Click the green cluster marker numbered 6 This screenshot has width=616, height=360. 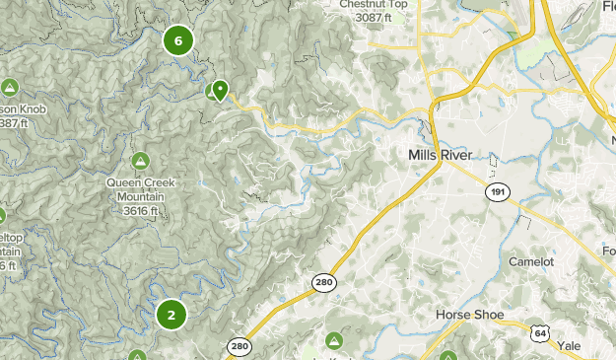click(178, 40)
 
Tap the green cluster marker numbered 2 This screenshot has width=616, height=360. click(171, 315)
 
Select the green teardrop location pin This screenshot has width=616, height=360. click(220, 90)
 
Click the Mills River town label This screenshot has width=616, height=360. click(440, 156)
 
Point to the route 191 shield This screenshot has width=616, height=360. click(498, 191)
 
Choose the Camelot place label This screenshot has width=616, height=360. click(533, 261)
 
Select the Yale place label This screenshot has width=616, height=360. click(570, 346)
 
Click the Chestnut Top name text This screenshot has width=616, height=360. click(374, 5)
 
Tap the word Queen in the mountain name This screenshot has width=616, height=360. click(124, 182)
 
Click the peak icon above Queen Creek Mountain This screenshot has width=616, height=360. click(140, 160)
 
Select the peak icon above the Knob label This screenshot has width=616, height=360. click(10, 87)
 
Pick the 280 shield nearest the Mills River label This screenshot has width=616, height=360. click(324, 282)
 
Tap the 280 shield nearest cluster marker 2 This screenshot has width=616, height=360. click(239, 345)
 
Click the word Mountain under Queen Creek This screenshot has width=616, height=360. click(139, 196)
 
